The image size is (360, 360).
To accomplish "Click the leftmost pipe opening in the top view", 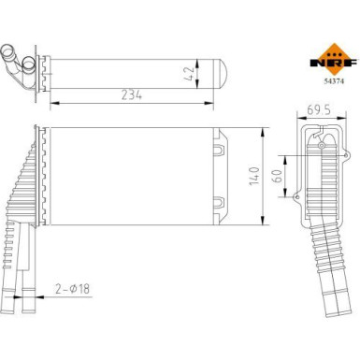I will [x=10, y=52].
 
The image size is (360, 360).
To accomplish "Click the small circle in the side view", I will [x=319, y=147].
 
